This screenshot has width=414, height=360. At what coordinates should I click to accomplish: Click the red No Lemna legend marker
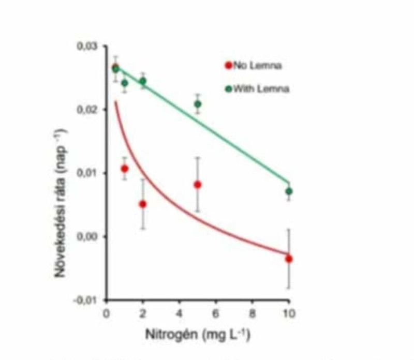point(227,65)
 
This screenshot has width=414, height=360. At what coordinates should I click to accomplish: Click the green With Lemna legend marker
point(227,88)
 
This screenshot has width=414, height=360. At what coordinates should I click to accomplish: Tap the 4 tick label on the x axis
point(179,313)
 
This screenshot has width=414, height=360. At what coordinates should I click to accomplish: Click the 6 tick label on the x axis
point(215,313)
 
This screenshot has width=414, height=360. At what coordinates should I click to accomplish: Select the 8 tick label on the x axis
point(252,313)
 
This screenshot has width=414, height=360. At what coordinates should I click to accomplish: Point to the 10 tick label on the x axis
point(289,313)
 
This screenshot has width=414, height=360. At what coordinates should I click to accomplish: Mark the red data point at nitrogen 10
point(289,259)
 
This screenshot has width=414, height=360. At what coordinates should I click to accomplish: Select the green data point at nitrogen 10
point(289,191)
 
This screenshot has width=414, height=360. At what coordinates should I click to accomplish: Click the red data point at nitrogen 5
point(198,185)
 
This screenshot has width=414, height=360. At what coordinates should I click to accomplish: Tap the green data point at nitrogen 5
point(198,104)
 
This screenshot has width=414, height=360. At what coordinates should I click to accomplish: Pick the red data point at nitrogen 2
point(143,204)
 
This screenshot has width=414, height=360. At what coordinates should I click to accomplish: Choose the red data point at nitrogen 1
point(125,169)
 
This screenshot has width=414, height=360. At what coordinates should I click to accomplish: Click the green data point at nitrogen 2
point(143,81)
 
